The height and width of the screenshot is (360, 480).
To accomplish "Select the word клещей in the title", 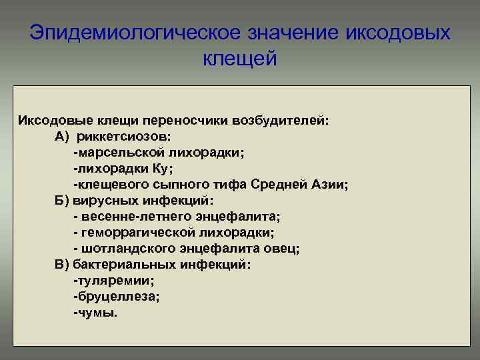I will tap(239, 59).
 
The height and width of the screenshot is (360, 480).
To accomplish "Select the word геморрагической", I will tap(139, 233).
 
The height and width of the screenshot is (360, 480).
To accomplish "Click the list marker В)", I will tap(62, 265).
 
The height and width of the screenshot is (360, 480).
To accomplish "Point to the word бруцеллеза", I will tap(116, 297).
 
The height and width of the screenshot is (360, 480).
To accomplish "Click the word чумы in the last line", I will tap(96, 313).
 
